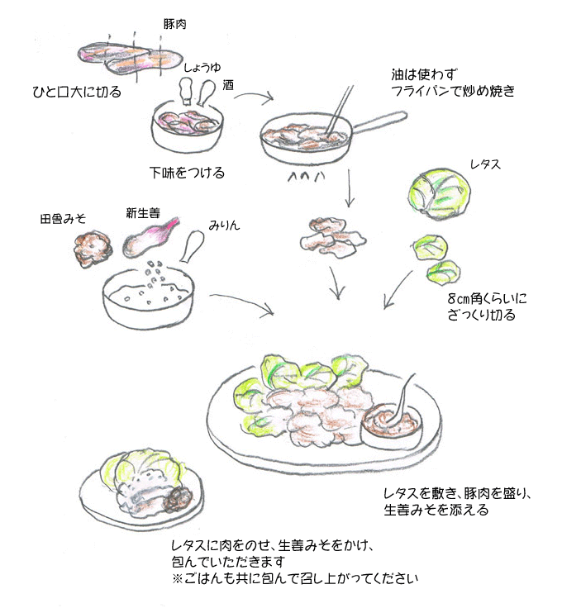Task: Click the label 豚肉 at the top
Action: (175, 24)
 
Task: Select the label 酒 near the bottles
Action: (229, 84)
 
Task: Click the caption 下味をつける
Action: (187, 173)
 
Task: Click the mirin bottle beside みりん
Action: (192, 245)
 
